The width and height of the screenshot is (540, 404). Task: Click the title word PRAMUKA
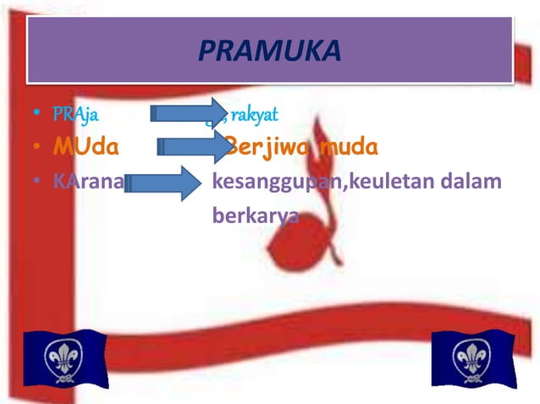click(x=269, y=52)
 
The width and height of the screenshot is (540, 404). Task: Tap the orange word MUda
click(x=85, y=149)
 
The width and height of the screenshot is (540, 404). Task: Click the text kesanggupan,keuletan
click(x=329, y=182)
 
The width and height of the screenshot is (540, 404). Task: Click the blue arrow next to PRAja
click(x=188, y=114)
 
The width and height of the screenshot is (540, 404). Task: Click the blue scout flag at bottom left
click(x=63, y=358)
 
